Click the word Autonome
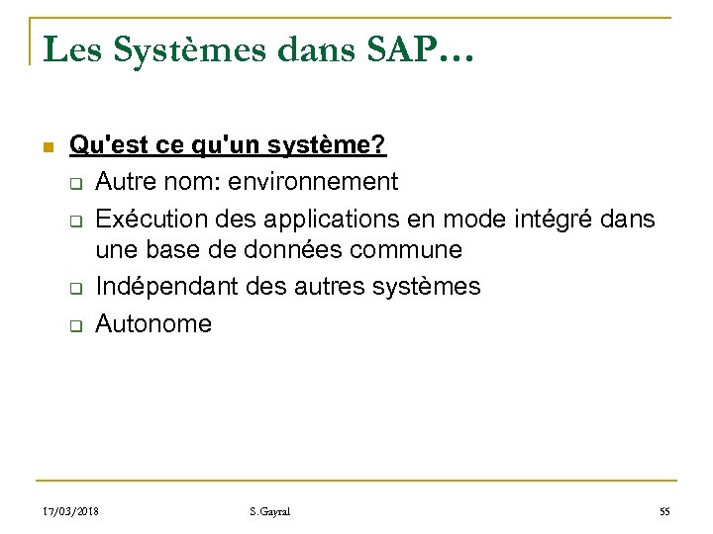pos(153,322)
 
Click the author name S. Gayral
pos(270,511)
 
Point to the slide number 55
pos(664,511)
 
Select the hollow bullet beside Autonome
pos(74,324)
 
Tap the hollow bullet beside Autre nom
pos(74,183)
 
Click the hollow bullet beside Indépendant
pos(74,289)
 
